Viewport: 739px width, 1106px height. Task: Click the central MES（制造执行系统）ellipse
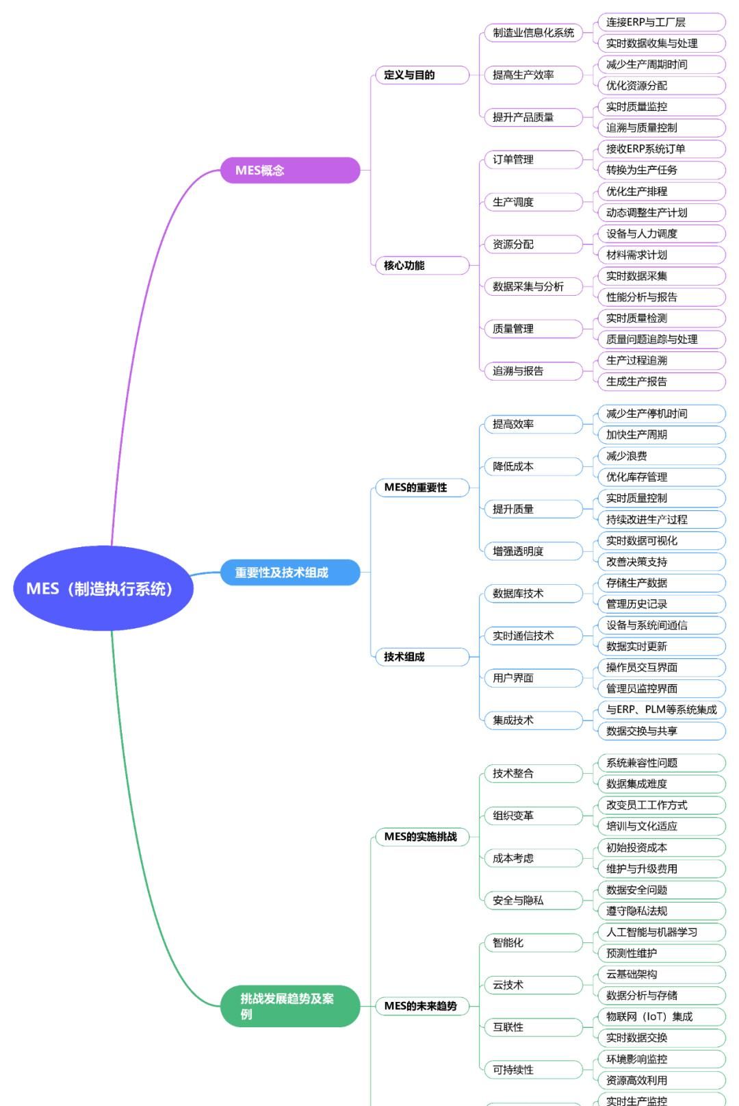(103, 588)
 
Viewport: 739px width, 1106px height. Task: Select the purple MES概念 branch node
(289, 170)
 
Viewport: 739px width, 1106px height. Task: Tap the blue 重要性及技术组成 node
(289, 572)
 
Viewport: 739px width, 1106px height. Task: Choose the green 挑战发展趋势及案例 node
(289, 1006)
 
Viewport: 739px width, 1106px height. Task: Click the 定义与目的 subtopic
(422, 75)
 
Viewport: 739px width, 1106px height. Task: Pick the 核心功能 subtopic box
(422, 265)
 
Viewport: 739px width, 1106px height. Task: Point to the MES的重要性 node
(422, 487)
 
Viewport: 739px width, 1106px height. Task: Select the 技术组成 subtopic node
(422, 657)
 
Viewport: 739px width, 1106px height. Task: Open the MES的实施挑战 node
(422, 836)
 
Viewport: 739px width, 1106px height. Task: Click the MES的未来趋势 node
(422, 1005)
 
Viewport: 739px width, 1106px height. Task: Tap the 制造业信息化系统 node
(533, 32)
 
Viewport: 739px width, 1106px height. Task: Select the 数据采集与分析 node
(533, 286)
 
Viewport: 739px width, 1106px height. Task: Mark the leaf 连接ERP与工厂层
(660, 22)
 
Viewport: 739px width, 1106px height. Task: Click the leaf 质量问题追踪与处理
(660, 339)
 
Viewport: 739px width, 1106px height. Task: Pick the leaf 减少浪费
(660, 455)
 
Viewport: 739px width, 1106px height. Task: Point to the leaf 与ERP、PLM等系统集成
(660, 709)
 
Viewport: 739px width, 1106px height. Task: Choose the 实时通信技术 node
(533, 636)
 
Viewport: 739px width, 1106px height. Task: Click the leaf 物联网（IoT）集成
(660, 1016)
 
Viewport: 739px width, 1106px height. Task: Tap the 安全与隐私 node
(533, 900)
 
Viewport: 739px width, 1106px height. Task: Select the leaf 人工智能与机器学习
(660, 931)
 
